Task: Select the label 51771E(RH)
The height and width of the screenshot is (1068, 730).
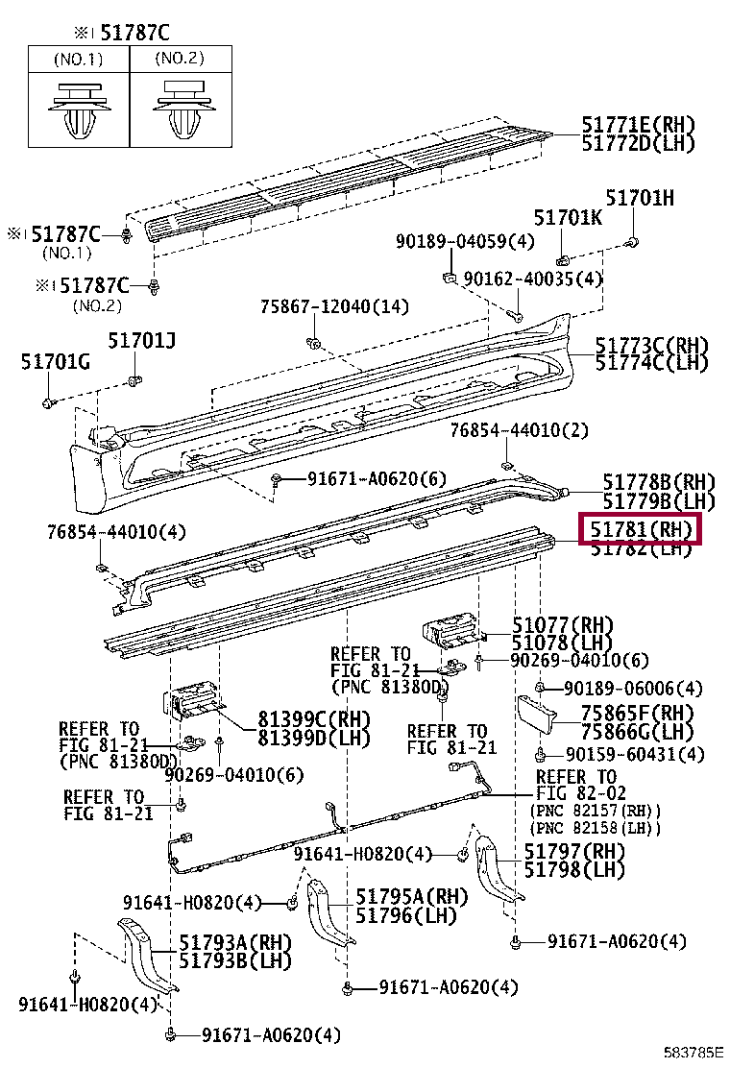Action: point(638,125)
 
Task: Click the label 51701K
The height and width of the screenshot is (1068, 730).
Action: point(568,218)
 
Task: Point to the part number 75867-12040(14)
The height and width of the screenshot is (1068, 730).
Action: point(334,306)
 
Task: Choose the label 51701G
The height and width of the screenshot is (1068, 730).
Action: point(55,361)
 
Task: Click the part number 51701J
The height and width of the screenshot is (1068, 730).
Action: point(141,340)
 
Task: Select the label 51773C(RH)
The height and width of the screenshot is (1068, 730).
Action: point(650,345)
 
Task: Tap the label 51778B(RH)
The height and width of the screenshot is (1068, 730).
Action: point(659,482)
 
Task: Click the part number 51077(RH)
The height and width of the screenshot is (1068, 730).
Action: point(563,624)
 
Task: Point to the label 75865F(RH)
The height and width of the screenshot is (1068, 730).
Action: point(637,713)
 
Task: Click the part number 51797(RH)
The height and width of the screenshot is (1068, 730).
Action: point(573,852)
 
